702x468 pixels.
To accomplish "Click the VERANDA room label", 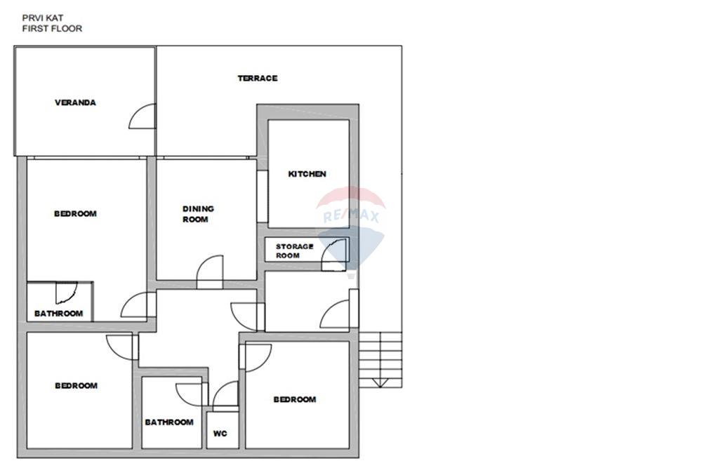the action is [75, 102].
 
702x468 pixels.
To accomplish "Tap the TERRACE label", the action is [258, 79].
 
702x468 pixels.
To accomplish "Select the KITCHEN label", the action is [307, 174].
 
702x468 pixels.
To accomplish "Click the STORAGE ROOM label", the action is [294, 251].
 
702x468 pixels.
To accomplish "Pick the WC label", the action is [220, 434].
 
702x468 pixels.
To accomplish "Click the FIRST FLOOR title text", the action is [52, 29].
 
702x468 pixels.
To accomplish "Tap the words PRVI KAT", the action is [43, 18].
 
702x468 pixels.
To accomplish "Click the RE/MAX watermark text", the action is [351, 217].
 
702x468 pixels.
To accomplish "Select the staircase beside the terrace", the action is [380, 360].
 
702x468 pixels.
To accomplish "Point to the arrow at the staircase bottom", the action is [380, 382].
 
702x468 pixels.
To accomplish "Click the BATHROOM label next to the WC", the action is [169, 422].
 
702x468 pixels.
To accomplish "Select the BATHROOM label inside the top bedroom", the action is [59, 314].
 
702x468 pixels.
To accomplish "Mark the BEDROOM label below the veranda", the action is [75, 214].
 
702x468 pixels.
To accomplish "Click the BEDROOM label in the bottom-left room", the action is [76, 386].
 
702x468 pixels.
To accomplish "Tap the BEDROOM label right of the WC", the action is [295, 399].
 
